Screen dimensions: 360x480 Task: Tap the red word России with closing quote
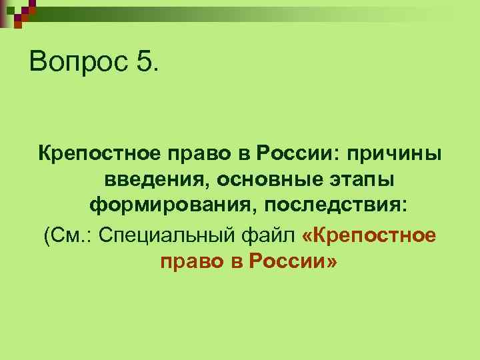click(293, 261)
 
